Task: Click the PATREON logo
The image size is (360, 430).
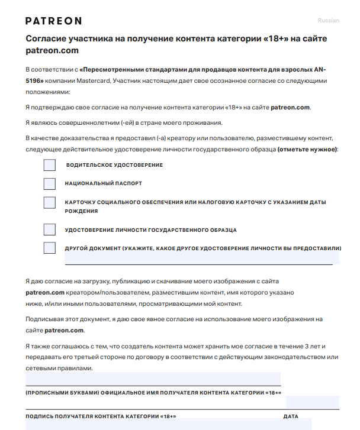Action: point(53,21)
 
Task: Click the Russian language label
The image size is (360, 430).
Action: point(329,21)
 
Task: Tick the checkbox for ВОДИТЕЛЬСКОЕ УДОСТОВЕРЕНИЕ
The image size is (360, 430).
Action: point(50,165)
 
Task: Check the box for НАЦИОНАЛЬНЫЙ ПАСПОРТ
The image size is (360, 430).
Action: point(50,184)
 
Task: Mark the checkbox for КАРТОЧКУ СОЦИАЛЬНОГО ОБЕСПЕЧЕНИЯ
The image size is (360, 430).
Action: point(50,203)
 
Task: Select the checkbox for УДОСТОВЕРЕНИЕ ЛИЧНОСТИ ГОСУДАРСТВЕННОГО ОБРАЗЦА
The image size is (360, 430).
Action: point(50,229)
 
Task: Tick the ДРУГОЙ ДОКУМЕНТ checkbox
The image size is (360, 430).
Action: point(50,248)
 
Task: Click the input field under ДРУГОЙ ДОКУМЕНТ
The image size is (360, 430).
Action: point(201,259)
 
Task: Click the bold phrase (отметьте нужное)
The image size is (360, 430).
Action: point(307,150)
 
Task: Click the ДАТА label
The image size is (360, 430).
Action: point(291,416)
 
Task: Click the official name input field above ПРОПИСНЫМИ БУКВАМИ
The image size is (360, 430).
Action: point(153,379)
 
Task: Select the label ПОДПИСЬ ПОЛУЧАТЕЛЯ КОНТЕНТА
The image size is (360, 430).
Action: point(101,416)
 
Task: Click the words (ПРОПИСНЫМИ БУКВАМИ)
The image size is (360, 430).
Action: point(62,393)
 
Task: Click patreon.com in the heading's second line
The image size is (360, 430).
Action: point(52,51)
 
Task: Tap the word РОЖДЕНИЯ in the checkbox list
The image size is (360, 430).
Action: point(82,211)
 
